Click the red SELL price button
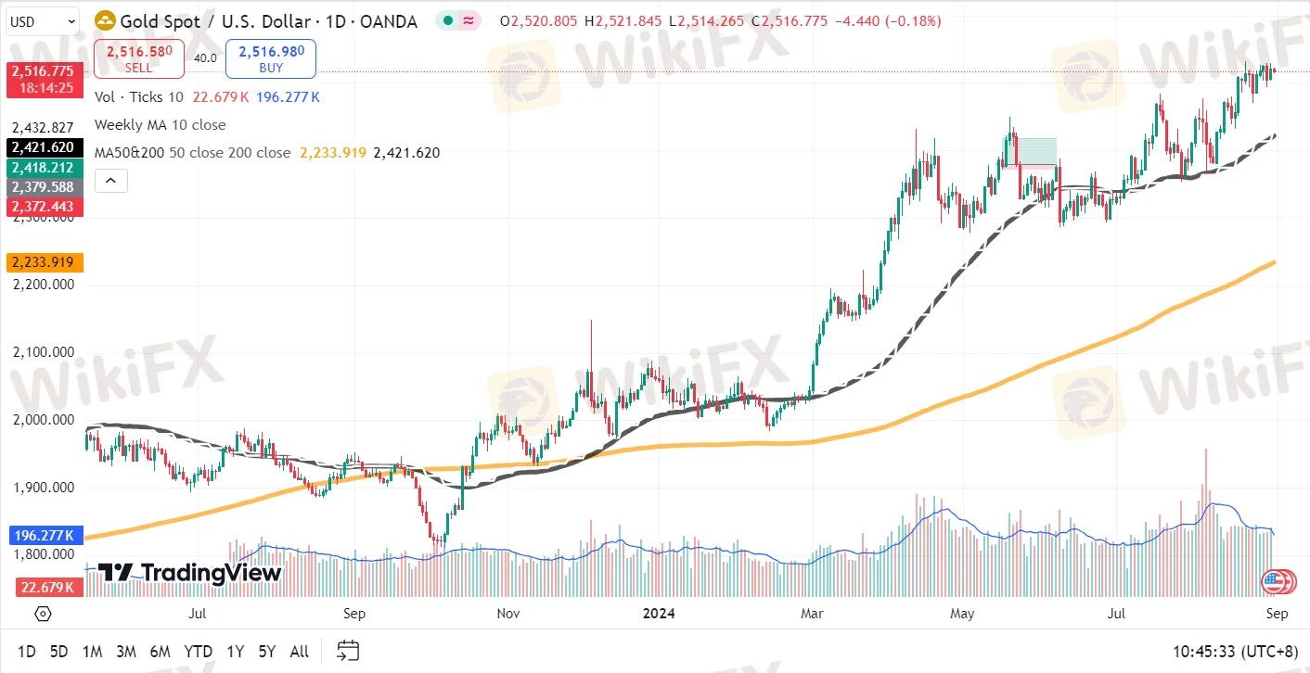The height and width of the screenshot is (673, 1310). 139,58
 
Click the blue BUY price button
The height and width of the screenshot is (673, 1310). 270,58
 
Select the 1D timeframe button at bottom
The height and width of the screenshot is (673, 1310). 27,652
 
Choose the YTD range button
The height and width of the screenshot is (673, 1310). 198,652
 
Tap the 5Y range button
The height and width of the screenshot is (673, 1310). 267,652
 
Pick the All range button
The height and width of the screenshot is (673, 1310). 299,652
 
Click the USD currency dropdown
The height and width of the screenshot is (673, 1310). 43,20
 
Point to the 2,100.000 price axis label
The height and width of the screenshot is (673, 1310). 43,352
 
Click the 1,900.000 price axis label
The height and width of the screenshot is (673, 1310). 43,487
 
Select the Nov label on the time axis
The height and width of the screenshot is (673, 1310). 507,614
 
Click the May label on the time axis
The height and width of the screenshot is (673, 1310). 962,614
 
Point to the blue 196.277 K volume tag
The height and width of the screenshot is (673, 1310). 45,535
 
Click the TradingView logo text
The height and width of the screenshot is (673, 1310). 190,573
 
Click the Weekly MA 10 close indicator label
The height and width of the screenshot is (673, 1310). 160,124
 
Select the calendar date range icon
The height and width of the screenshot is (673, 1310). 348,651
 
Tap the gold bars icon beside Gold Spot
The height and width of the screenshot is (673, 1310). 107,20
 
